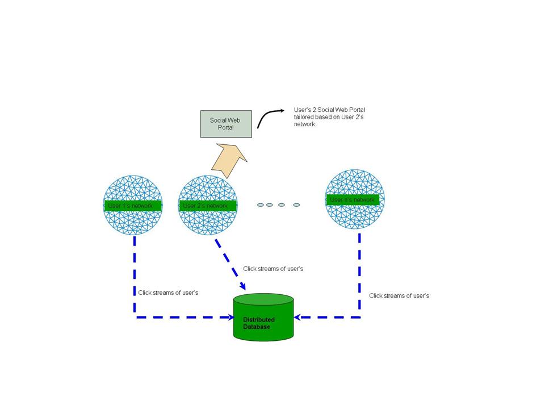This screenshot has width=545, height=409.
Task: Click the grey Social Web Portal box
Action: [x=226, y=124]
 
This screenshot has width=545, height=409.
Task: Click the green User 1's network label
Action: [x=133, y=206]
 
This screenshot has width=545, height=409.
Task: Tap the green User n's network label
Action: [x=353, y=199]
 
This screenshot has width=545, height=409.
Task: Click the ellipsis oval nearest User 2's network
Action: [x=261, y=204]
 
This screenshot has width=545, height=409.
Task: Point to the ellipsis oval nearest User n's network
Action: [x=296, y=204]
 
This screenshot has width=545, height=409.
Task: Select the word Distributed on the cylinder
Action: [x=259, y=320]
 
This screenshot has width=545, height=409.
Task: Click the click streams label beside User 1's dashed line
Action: [x=168, y=293]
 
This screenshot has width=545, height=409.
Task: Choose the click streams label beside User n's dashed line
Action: [x=399, y=295]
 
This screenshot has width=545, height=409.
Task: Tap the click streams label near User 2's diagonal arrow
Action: [x=273, y=269]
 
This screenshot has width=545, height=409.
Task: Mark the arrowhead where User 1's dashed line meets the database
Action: [x=230, y=316]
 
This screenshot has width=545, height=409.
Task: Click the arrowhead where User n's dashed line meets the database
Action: [x=298, y=316]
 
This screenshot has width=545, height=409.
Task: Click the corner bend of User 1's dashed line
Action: [x=135, y=316]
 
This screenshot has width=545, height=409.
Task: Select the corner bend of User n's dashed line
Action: [x=359, y=316]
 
